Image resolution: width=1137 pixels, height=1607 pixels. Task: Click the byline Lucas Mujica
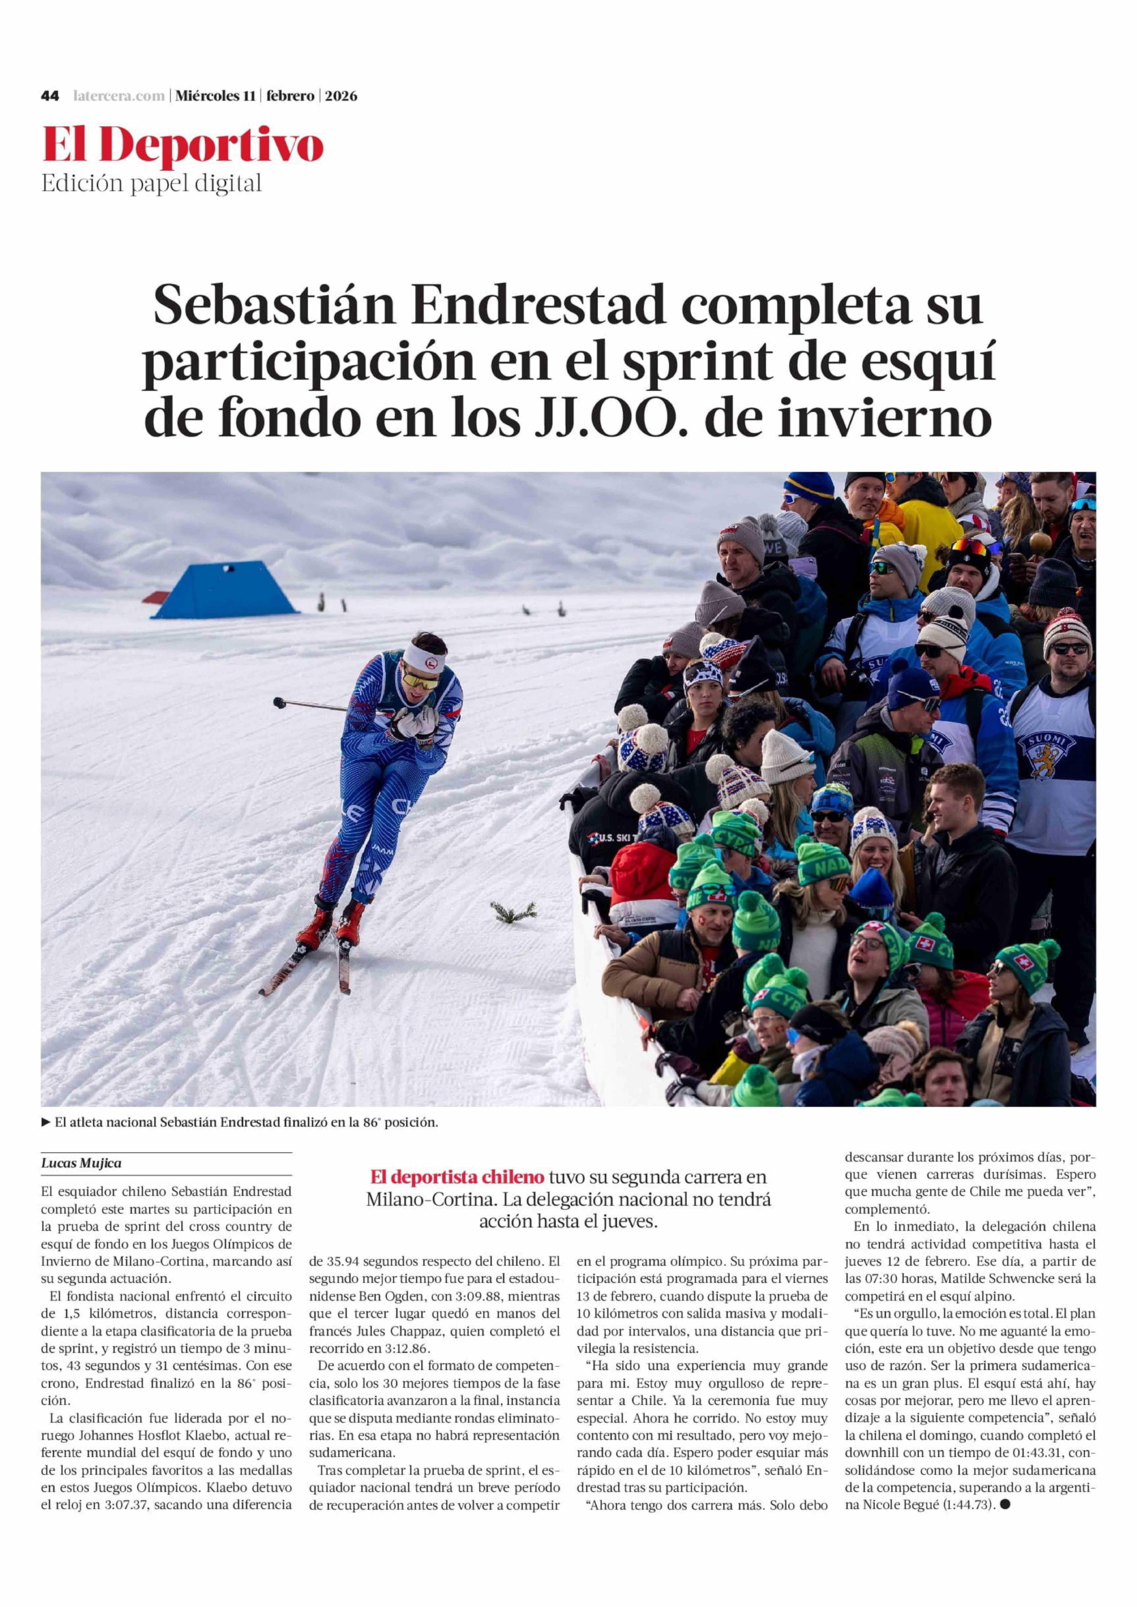[81, 1163]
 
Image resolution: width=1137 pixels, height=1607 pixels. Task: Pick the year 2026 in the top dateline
[340, 96]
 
